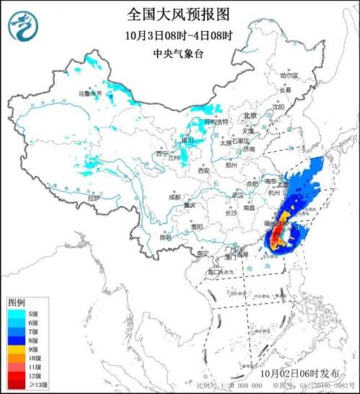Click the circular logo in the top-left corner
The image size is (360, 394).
(23, 27)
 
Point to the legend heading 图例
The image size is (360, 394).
(18, 302)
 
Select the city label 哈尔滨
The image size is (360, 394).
(289, 74)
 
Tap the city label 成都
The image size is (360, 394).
(175, 196)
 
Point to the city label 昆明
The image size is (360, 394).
(165, 236)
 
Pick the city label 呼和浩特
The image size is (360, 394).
(216, 122)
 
